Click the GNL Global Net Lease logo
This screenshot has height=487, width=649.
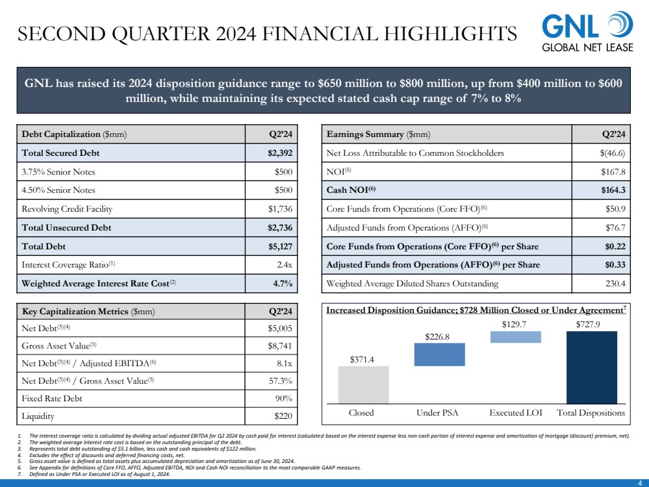tap(587, 32)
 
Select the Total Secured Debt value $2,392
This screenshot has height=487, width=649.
tap(280, 153)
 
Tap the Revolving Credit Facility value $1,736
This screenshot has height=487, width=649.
tap(280, 209)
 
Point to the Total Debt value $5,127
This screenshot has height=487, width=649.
tap(280, 247)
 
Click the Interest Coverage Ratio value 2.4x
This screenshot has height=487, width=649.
tap(285, 265)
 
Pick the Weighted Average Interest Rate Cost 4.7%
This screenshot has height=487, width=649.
tap(283, 283)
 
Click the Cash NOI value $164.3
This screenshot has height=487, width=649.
tap(613, 190)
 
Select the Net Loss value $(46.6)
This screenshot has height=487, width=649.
tap(613, 153)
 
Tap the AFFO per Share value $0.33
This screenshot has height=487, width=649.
tap(615, 265)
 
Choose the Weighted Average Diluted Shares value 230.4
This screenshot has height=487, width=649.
tap(615, 283)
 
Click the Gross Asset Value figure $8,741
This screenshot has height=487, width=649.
tap(280, 346)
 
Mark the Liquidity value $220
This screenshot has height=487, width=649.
tap(283, 416)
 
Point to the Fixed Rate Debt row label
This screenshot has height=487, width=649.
tap(52, 399)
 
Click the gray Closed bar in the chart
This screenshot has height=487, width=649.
tap(363, 385)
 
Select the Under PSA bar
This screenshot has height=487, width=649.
tap(440, 355)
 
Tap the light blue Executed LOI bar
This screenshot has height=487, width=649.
tap(516, 337)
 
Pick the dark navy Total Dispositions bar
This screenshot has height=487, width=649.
tap(592, 368)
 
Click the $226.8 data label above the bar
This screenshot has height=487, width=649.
tap(437, 337)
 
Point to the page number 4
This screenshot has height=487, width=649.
tap(641, 483)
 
